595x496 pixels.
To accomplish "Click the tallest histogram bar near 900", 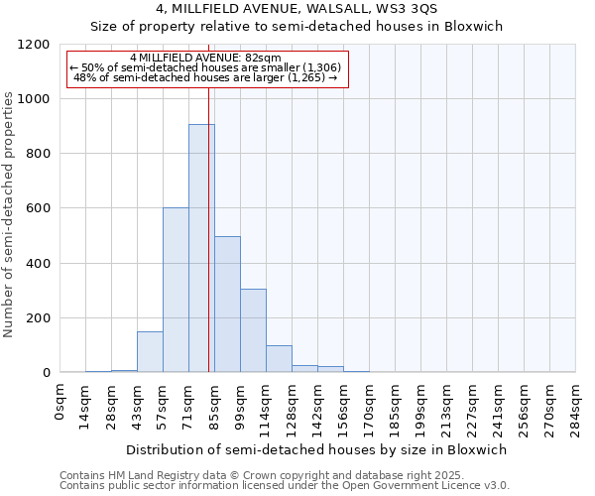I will pyautogui.click(x=201, y=248).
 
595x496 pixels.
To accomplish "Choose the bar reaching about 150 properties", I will pyautogui.click(x=150, y=351).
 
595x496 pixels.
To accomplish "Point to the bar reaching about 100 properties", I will pyautogui.click(x=279, y=358).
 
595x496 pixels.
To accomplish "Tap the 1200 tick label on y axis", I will pyautogui.click(x=35, y=45).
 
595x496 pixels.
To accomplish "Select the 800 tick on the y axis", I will pyautogui.click(x=39, y=154).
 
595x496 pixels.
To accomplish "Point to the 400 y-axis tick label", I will pyautogui.click(x=39, y=264).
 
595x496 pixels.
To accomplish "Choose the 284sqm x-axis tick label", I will pyautogui.click(x=575, y=406).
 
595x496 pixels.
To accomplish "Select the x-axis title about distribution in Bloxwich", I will pyautogui.click(x=317, y=449).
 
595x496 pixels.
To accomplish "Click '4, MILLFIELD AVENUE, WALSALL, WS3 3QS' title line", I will pyautogui.click(x=297, y=10).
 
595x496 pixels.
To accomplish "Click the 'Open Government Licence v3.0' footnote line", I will pyautogui.click(x=285, y=486).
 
